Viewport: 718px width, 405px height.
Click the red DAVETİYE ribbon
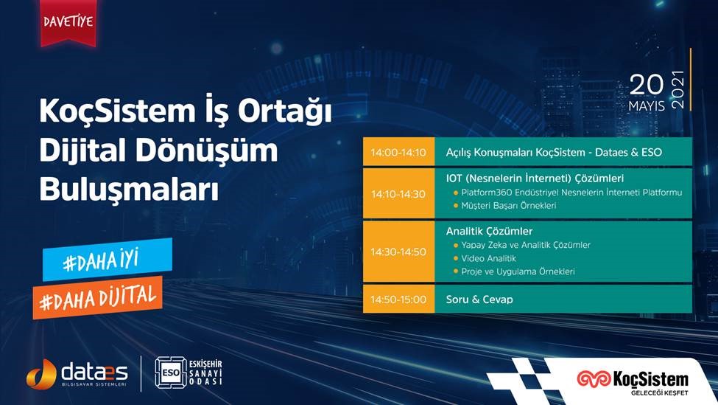coord(68,22)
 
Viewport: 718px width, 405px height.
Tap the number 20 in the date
coord(646,85)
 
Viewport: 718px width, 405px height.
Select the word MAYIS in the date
coord(646,106)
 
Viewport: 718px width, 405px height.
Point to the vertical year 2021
coord(677,90)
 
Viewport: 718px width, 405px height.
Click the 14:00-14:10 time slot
coord(398,152)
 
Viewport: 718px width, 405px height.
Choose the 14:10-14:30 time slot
coord(398,194)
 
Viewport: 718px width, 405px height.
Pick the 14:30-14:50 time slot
coord(398,252)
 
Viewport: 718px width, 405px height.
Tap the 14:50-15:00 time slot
coord(398,300)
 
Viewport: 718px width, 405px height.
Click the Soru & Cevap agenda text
coord(479,300)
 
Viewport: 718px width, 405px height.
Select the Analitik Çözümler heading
coord(489,231)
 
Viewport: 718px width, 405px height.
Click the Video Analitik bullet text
coord(488,259)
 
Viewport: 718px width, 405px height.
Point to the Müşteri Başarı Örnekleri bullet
coord(509,206)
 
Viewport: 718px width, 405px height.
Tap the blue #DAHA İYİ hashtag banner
coord(108,260)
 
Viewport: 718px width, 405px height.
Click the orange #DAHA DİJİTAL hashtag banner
coord(97,298)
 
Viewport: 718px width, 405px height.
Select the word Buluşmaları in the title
coord(129,189)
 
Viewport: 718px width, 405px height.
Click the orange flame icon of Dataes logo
coord(41,374)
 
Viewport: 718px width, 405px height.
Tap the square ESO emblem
coord(170,373)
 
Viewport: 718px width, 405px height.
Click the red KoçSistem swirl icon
coord(594,378)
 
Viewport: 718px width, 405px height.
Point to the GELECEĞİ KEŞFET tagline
coord(659,393)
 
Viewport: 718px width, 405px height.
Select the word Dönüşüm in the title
coord(206,150)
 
